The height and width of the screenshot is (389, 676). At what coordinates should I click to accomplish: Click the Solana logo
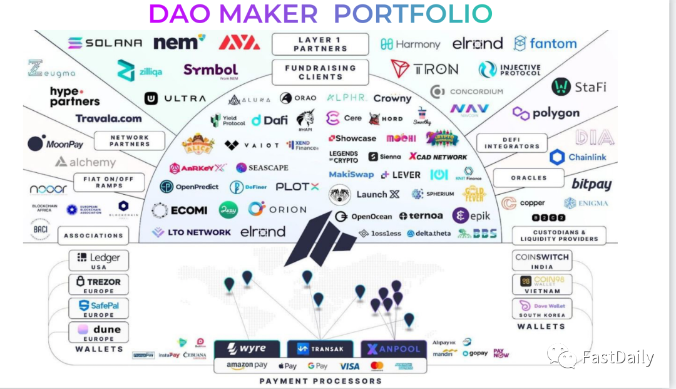click(x=105, y=43)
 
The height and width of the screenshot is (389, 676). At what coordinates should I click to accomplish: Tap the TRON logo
click(x=424, y=69)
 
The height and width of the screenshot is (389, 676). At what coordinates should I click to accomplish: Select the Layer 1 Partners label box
click(x=320, y=44)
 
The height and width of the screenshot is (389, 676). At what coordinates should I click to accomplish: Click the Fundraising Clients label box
click(x=320, y=72)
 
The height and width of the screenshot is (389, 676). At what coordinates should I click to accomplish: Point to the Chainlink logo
click(x=578, y=157)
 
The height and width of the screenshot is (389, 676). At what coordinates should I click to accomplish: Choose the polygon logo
click(x=546, y=113)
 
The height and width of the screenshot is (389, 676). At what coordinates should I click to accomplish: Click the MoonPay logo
click(x=56, y=144)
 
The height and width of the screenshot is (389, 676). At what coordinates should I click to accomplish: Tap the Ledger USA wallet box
click(x=99, y=261)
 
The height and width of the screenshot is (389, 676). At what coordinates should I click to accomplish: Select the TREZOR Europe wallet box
click(x=99, y=285)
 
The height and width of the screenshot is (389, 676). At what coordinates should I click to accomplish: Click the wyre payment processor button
click(x=247, y=348)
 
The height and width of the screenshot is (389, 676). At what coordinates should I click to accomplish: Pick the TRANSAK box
click(x=320, y=349)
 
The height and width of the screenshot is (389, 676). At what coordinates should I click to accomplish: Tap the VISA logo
click(x=349, y=366)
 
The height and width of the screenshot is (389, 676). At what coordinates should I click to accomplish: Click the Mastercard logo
click(x=377, y=366)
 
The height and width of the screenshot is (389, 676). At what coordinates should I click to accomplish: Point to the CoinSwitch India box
click(x=541, y=261)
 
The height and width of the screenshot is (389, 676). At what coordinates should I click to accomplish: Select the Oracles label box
click(x=529, y=178)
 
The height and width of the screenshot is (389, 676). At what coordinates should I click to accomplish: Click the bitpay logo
click(x=591, y=184)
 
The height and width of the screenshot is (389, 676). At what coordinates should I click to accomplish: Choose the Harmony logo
click(x=411, y=44)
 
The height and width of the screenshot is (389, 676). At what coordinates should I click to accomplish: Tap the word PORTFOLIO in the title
click(x=412, y=14)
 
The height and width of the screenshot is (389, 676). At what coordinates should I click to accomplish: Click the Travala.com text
click(x=108, y=118)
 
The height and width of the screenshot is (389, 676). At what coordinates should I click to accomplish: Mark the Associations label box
click(x=93, y=236)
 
